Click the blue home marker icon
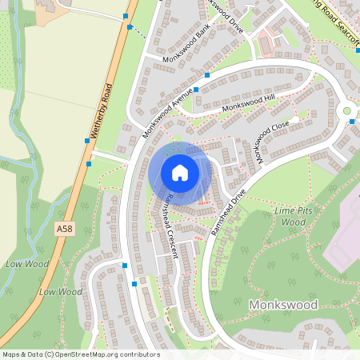point(180,172)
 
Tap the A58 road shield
point(66,229)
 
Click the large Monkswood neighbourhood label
point(282,305)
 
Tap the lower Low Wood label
point(60,292)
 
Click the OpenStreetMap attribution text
point(80,354)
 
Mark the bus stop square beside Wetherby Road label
point(87,141)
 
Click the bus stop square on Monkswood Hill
point(196,90)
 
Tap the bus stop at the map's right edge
point(353,122)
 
